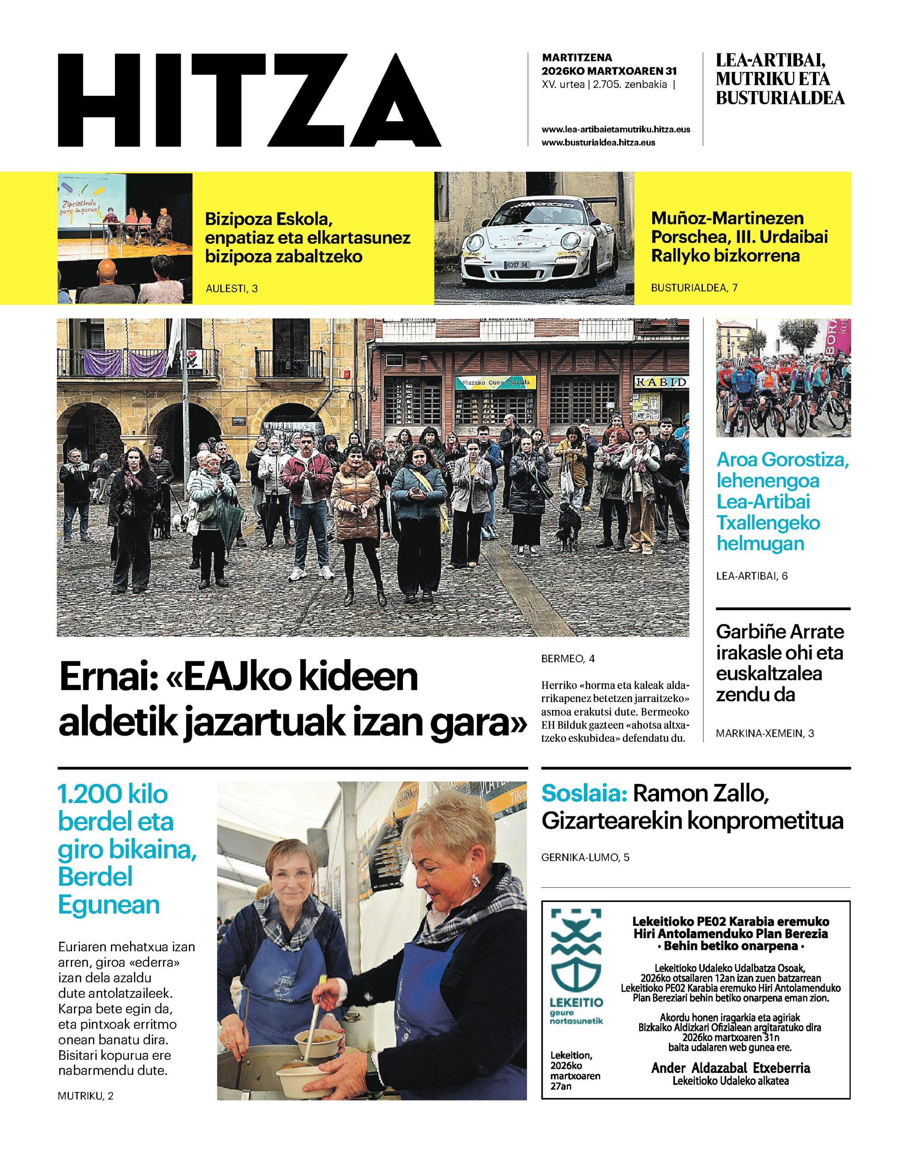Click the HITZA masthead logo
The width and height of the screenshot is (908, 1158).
point(249,100)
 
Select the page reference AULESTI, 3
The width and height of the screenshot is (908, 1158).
point(231,289)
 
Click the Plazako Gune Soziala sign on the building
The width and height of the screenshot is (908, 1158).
point(496,383)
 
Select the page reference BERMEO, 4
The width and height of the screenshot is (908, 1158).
point(568,659)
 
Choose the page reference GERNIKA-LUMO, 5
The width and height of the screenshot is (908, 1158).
point(585,857)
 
